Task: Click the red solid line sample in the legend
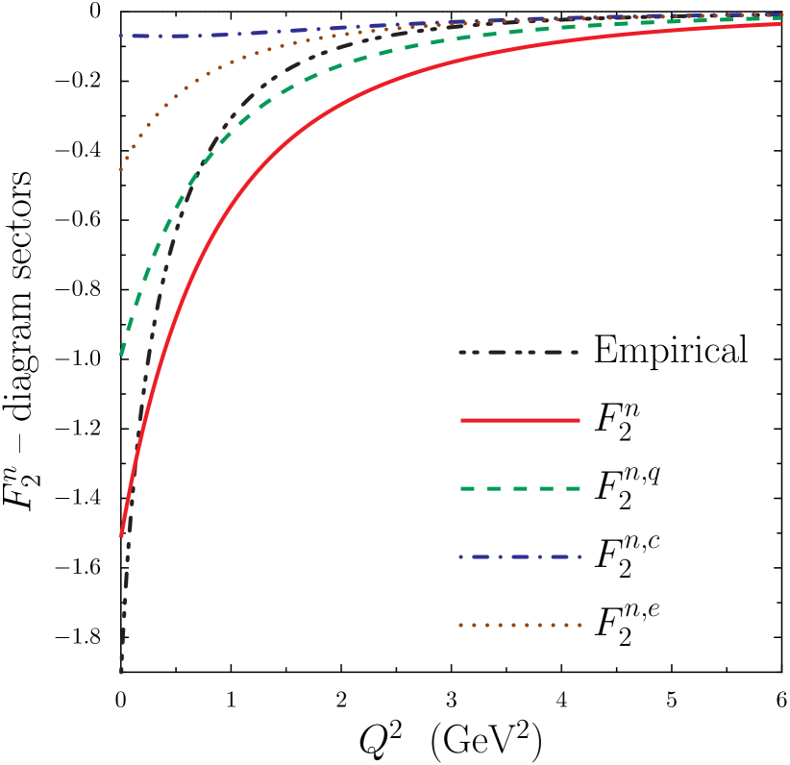(x=520, y=420)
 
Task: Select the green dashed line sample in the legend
(x=520, y=488)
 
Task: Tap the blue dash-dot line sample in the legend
(x=520, y=556)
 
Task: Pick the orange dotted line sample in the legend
(x=520, y=625)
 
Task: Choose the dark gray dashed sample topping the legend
(x=520, y=353)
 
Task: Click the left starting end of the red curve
(x=121, y=534)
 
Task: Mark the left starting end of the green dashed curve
(x=121, y=354)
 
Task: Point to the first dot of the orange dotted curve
(x=121, y=170)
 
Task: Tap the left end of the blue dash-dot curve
(x=121, y=36)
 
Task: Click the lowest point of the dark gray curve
(x=121, y=672)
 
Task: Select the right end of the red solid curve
(x=780, y=23)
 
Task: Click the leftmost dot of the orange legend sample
(x=461, y=625)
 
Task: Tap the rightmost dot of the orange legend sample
(x=580, y=625)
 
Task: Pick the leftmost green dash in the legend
(x=468, y=488)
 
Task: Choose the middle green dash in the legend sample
(x=520, y=488)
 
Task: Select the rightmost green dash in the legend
(x=573, y=488)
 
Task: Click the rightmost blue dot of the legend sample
(x=580, y=556)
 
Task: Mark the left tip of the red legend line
(x=462, y=420)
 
